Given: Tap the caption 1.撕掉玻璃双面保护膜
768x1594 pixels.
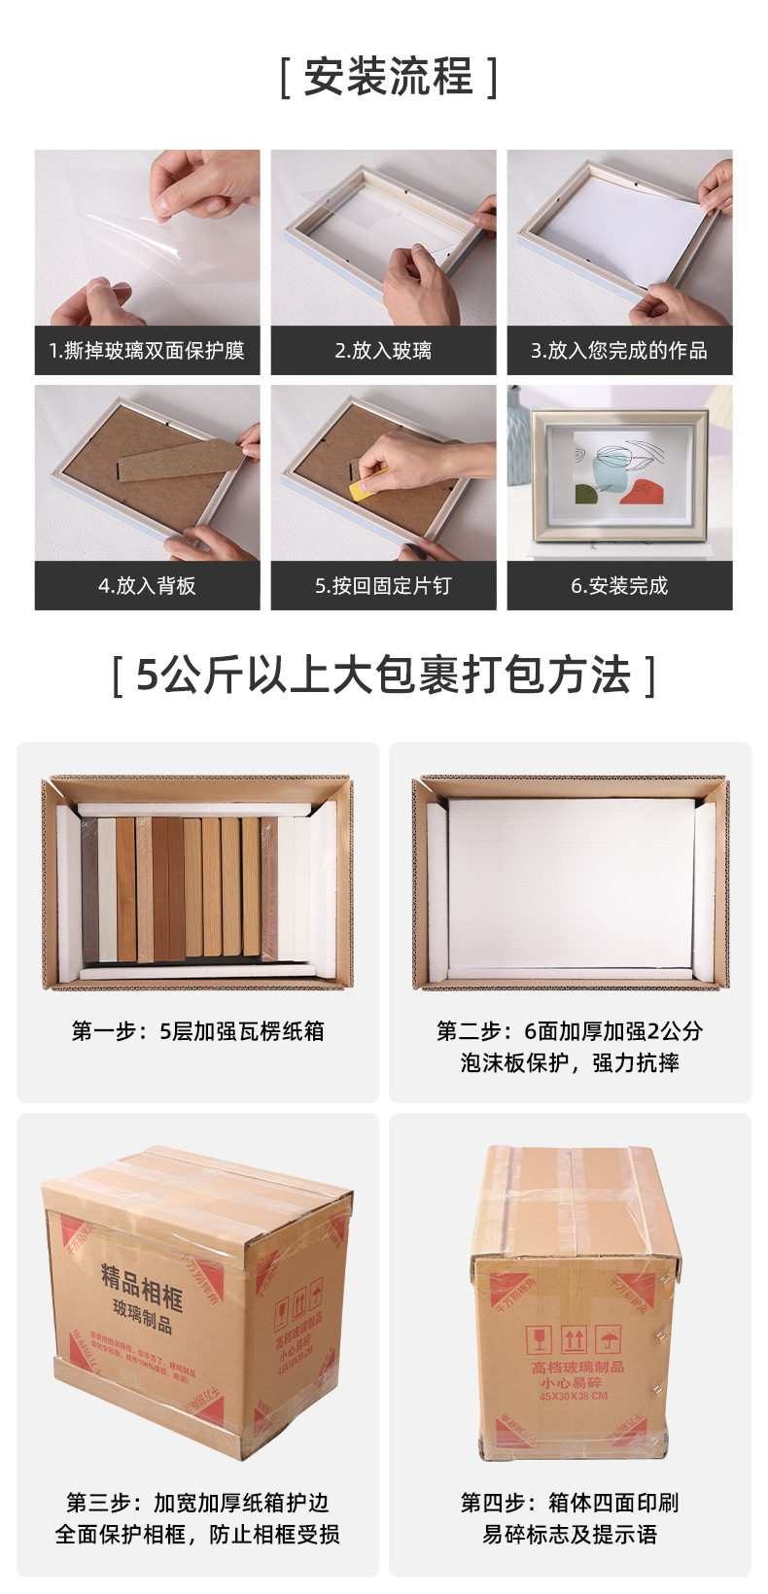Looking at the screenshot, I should click(147, 351).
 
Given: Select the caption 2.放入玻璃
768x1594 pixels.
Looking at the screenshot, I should click(383, 351).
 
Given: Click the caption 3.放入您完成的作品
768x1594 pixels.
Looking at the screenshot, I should click(619, 351).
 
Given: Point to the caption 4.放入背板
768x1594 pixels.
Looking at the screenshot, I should click(147, 586).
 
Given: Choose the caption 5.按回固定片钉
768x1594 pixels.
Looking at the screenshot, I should click(383, 586).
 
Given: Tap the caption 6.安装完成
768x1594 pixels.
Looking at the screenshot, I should click(619, 586).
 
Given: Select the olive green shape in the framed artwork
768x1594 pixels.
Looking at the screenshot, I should click(587, 496).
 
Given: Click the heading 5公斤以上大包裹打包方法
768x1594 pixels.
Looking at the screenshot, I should click(384, 676).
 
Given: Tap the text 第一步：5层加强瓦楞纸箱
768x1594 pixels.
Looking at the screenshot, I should click(197, 1031).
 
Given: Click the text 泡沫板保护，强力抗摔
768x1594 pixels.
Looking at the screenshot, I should click(570, 1063).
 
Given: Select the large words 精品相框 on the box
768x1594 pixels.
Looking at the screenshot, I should click(142, 1287).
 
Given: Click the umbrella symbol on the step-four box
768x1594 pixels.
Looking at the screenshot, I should click(609, 1340).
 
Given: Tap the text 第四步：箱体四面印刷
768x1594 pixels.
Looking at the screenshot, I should click(570, 1503).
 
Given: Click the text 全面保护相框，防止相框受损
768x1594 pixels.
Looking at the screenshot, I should click(197, 1535).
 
